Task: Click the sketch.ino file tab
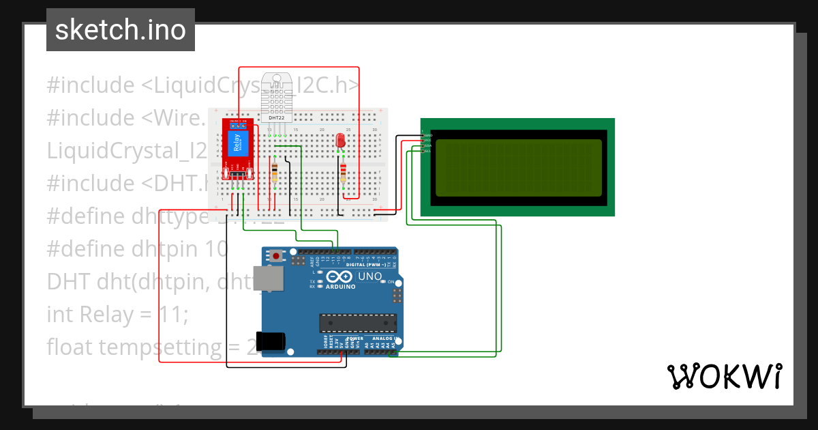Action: click(121, 30)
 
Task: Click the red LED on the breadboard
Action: click(341, 141)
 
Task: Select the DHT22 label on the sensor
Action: click(277, 118)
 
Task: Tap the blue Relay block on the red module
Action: click(237, 143)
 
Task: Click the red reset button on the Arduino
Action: click(276, 256)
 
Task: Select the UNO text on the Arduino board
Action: click(370, 276)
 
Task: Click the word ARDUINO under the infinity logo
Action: click(341, 287)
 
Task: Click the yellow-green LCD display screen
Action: click(518, 167)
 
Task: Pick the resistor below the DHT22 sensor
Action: click(274, 172)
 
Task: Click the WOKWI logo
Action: click(723, 376)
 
